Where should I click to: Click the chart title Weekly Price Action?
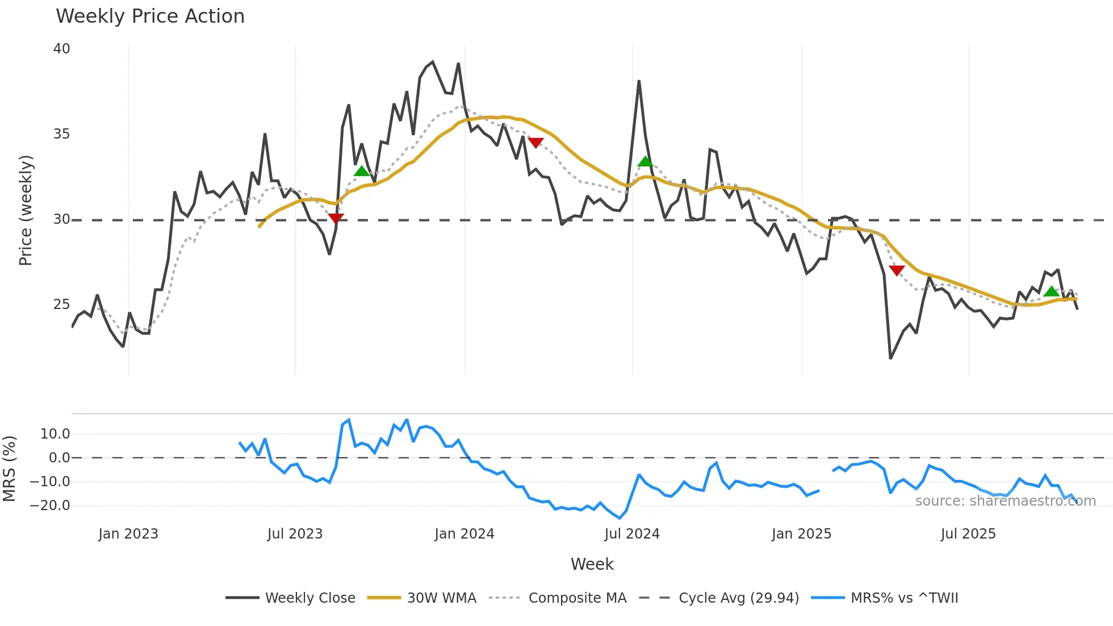150,16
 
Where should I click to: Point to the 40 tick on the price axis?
62,49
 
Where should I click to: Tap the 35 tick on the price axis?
62,134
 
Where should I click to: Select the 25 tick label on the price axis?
62,304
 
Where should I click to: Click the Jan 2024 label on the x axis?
464,534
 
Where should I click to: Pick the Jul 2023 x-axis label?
295,534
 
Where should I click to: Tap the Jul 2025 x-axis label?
968,534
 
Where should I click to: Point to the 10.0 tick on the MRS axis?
55,434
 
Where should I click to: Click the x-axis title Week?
592,564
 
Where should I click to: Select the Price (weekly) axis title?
26,210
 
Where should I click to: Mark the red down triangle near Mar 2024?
535,143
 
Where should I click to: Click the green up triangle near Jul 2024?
645,162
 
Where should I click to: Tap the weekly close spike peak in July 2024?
639,81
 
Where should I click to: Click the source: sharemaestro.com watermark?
1005,501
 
